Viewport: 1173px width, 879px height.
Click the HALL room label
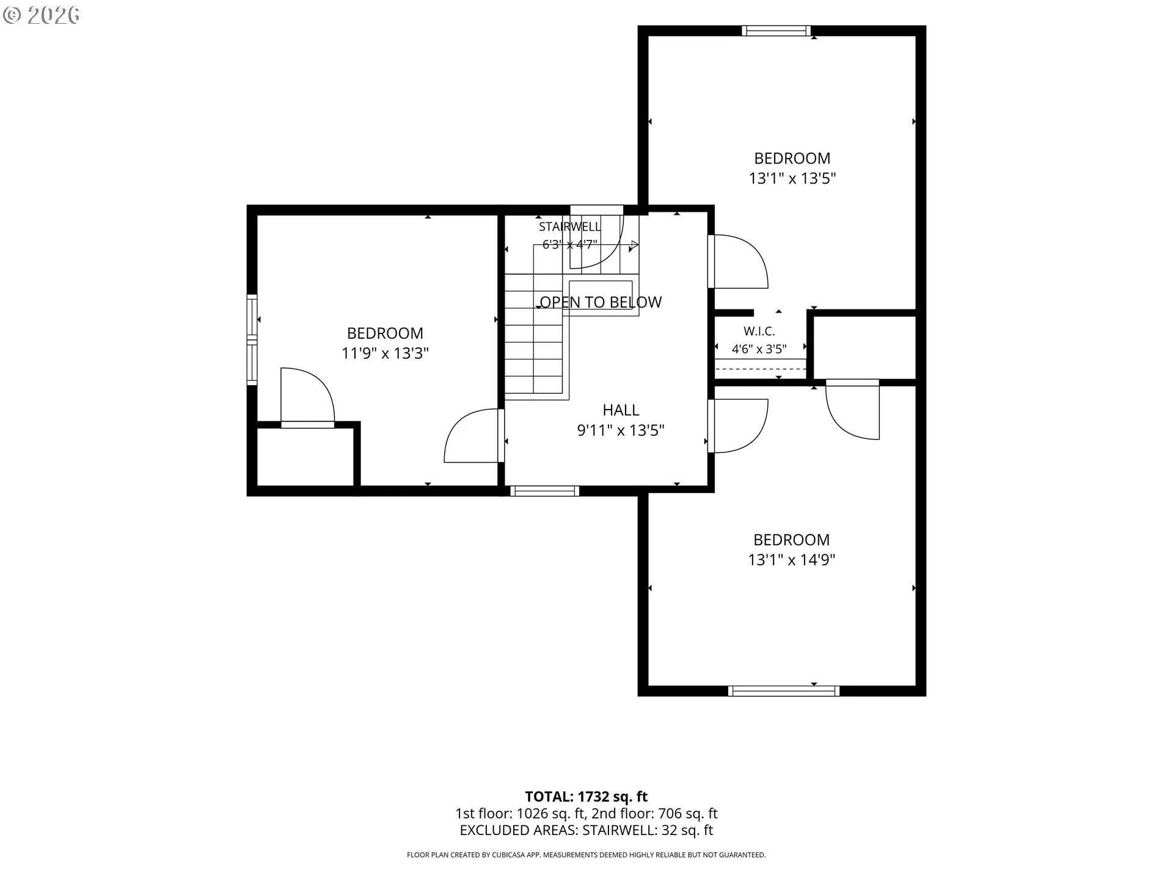pos(621,410)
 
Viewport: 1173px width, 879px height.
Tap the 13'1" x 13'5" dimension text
pos(792,178)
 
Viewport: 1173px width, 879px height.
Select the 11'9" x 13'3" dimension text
pos(385,353)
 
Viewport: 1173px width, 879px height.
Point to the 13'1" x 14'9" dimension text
pos(792,560)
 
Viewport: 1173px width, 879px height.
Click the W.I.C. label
pos(759,331)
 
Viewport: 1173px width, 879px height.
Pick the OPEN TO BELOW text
pos(601,302)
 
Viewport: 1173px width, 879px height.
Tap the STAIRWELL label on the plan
pos(569,227)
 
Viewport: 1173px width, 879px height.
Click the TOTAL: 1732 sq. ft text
pos(586,797)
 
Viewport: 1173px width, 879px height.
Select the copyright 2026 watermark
pos(41,15)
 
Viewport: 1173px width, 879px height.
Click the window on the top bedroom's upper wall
pos(777,31)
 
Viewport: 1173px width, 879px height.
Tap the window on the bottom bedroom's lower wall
pos(784,691)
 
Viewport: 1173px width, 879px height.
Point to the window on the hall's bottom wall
pos(544,490)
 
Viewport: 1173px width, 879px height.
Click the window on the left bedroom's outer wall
pos(252,339)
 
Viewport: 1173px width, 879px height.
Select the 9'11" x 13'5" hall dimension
pos(621,430)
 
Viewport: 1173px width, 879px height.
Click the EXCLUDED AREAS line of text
pos(586,830)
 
